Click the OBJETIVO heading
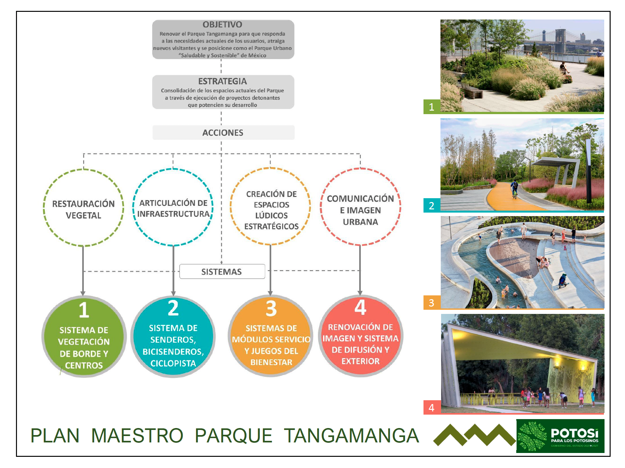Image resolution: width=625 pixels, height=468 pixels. pos(222,25)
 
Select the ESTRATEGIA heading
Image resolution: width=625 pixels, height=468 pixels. pos(222,81)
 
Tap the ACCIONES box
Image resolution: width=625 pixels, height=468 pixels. pos(223,132)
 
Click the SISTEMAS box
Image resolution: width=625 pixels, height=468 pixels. pos(222,271)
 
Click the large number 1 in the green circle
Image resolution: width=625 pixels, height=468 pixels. pos(84,310)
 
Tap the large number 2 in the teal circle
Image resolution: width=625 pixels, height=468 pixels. pos(173,308)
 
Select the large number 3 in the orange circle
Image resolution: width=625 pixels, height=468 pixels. pos(271,308)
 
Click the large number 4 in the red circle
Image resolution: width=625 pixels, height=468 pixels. pos(360,307)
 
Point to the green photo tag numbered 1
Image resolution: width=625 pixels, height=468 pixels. pos(432,107)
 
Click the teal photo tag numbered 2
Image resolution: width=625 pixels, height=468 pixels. pos(432,205)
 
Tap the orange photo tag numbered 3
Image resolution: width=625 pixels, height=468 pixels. pos(432,302)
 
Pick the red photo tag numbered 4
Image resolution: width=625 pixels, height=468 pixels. pos(432,408)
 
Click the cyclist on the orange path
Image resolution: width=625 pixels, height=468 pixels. pos(514,189)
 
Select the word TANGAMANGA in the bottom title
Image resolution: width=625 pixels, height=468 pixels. pos(351,435)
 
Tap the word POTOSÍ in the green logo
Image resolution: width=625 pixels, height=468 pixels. pos(574,433)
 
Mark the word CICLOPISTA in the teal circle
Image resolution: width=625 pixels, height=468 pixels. pos(173,363)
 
